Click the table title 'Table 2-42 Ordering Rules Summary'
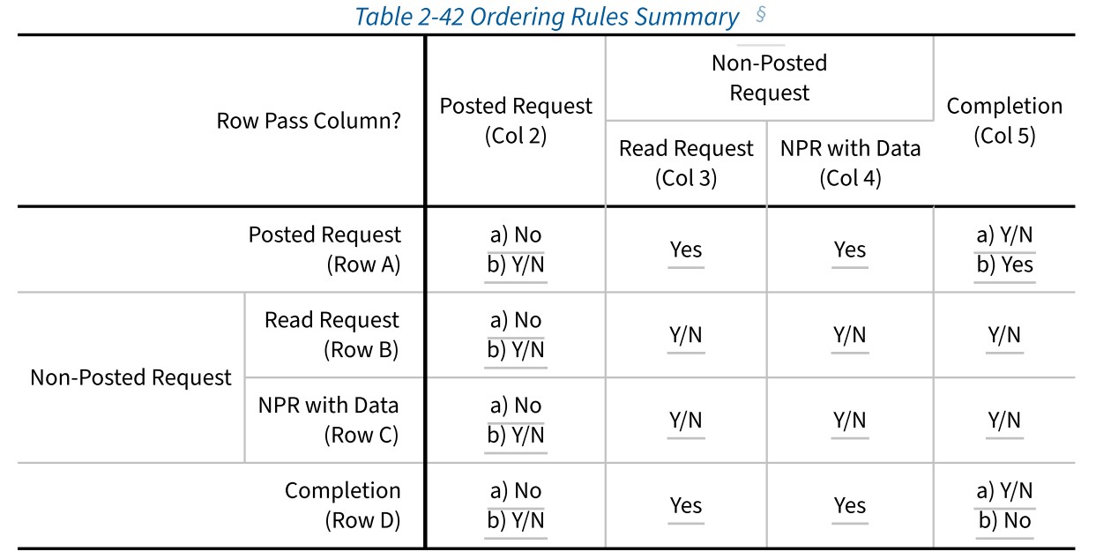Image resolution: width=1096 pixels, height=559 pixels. (547, 17)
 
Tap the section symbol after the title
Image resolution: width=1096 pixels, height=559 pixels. (760, 14)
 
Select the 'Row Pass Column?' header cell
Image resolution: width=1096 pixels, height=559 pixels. (309, 121)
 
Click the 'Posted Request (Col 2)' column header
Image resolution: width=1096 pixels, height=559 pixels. (516, 121)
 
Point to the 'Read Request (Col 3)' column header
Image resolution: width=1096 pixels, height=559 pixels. (686, 163)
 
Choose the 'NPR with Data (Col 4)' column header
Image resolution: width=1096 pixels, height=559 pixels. (850, 163)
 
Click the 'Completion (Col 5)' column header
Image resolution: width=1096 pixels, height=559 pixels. (1004, 121)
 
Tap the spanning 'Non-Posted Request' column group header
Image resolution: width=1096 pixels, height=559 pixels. (769, 78)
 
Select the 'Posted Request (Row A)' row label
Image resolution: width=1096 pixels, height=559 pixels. (324, 250)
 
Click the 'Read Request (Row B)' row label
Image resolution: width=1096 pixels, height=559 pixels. (332, 335)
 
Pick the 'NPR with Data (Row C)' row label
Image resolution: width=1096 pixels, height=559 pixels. (328, 420)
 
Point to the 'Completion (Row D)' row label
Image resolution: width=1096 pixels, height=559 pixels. (342, 505)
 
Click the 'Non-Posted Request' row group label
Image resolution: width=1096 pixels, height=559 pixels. (130, 377)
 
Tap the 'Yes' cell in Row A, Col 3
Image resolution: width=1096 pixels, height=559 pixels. (686, 250)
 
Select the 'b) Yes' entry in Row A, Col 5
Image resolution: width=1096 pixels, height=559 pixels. (1004, 265)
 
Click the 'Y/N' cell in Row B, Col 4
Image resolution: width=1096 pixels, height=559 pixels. (850, 335)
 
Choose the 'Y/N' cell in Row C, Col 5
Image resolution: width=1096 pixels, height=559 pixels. (1004, 420)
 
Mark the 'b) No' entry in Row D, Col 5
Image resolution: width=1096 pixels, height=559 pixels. (1004, 520)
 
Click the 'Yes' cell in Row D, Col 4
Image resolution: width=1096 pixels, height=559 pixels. (850, 506)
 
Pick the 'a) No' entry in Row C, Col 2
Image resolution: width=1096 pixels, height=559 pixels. (516, 406)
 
